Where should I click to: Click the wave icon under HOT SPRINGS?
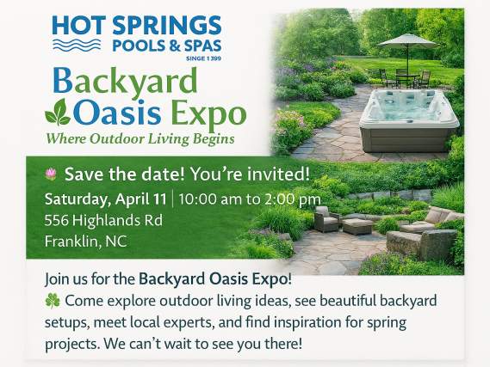[77, 45]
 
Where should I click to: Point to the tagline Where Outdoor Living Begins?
[140, 138]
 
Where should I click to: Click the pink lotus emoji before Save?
[51, 174]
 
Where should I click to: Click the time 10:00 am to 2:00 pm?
[251, 199]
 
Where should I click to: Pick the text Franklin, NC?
[85, 241]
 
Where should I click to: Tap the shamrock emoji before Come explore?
[52, 302]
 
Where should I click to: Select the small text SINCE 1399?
[203, 59]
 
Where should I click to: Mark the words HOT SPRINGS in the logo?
[138, 25]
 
